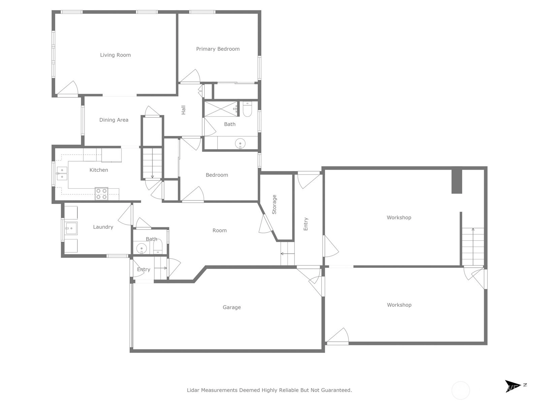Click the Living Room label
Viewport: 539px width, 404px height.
[115, 55]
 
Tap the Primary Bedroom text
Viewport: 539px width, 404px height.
[218, 49]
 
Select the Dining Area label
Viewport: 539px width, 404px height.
[114, 120]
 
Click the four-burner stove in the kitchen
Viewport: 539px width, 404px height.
[101, 194]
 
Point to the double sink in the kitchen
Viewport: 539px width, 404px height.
[62, 173]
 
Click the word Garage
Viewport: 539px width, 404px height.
[231, 307]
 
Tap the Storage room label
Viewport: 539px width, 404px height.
[274, 204]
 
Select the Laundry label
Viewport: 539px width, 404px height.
[103, 227]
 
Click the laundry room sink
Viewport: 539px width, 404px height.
[71, 228]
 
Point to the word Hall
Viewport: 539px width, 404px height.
[183, 110]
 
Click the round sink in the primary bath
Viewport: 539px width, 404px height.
[240, 143]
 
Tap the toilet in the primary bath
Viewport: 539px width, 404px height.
[247, 109]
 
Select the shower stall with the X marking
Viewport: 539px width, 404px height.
[221, 109]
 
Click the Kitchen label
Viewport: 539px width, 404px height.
[98, 170]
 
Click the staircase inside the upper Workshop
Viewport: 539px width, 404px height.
[473, 247]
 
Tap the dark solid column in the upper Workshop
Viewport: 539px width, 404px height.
[457, 181]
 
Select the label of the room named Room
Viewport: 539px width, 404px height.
[220, 230]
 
